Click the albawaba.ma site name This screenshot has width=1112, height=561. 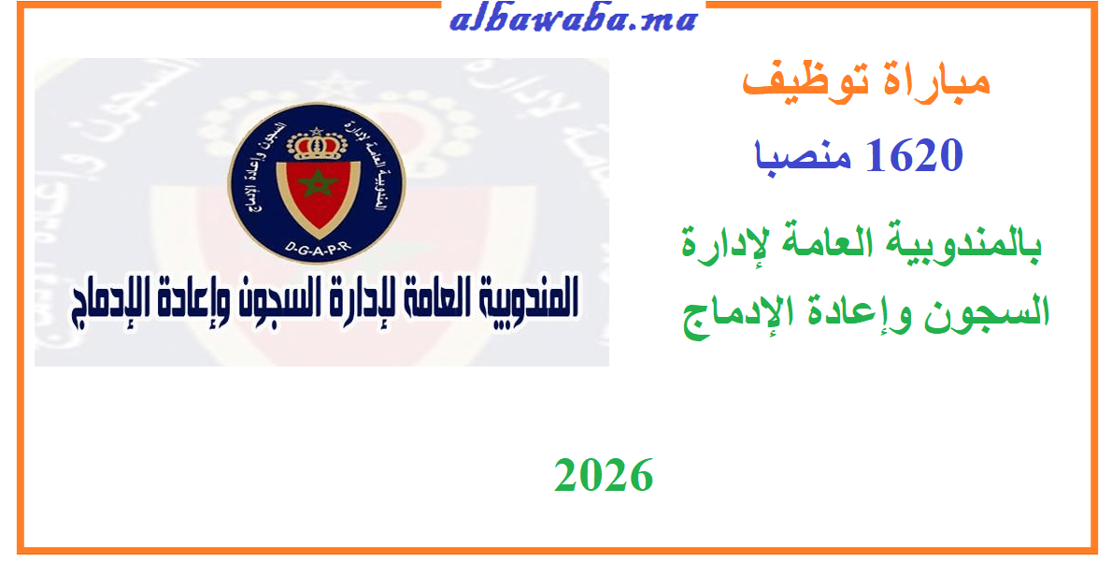(x=572, y=21)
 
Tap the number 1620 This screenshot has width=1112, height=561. (x=914, y=155)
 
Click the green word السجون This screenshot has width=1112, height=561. (x=992, y=311)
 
